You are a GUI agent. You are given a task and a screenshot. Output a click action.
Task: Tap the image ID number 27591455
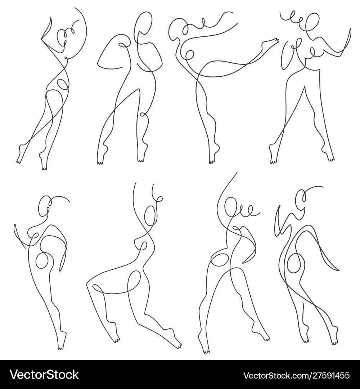coord(330,376)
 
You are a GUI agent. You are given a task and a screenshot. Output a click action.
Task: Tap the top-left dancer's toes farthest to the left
coord(19,158)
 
